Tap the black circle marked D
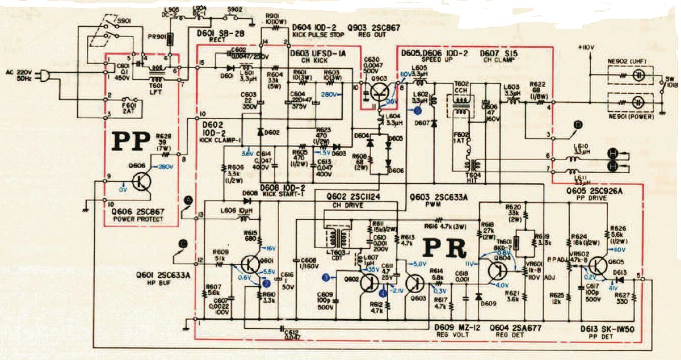(578, 124)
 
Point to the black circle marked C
(182, 244)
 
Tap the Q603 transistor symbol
(416, 282)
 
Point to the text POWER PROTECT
(138, 219)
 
